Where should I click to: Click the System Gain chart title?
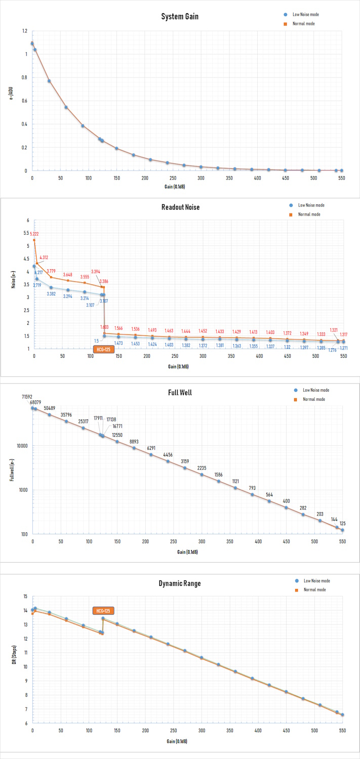tap(180, 17)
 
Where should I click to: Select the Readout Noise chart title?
tap(180, 207)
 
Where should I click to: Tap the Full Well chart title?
tap(180, 392)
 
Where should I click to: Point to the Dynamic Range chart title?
tap(180, 583)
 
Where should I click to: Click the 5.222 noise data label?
tap(34, 234)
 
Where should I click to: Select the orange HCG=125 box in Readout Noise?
tap(103, 349)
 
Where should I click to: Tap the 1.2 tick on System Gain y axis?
tap(24, 31)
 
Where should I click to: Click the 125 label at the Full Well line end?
tap(343, 524)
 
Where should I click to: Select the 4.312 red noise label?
tap(44, 258)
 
